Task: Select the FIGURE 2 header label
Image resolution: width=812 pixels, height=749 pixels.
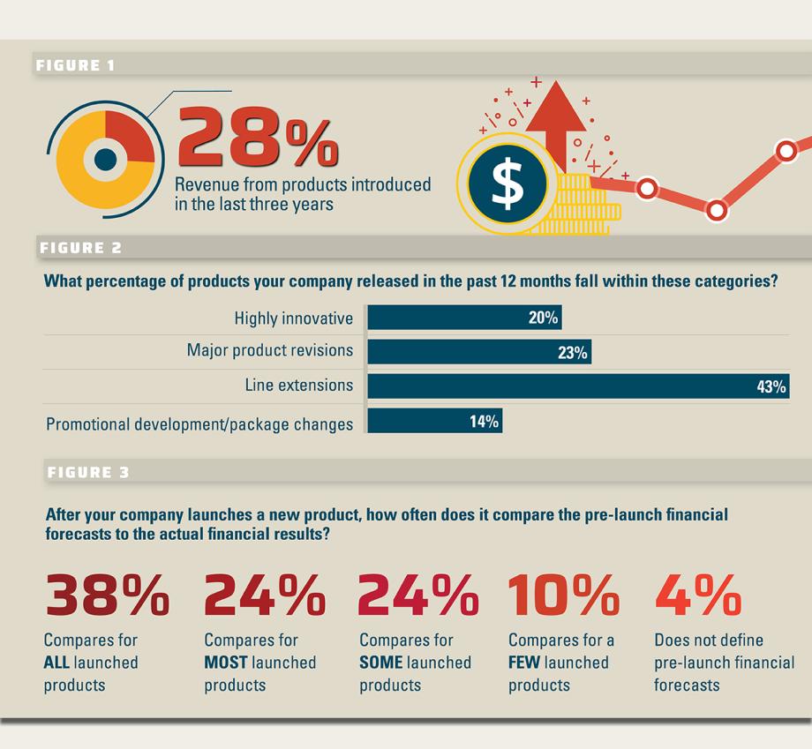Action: (x=80, y=248)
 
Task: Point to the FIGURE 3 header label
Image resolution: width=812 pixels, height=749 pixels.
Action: (x=87, y=472)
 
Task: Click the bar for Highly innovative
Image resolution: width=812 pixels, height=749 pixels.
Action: (x=463, y=318)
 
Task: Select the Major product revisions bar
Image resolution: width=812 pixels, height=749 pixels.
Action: (x=478, y=352)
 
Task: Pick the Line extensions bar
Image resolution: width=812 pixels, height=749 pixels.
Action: (x=577, y=386)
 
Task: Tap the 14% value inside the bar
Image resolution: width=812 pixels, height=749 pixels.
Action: (x=484, y=422)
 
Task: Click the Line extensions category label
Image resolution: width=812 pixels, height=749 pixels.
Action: (x=298, y=386)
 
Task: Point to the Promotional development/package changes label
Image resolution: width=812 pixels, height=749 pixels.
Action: (x=199, y=423)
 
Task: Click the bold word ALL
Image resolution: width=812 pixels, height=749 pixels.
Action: (x=56, y=663)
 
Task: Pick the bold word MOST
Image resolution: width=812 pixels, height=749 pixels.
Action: (x=226, y=663)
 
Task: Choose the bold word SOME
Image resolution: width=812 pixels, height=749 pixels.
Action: (x=381, y=663)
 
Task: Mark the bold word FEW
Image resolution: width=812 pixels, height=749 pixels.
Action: (x=524, y=663)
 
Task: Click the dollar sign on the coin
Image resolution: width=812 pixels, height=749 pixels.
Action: (x=507, y=184)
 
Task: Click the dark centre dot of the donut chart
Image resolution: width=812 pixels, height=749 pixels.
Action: (x=105, y=160)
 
